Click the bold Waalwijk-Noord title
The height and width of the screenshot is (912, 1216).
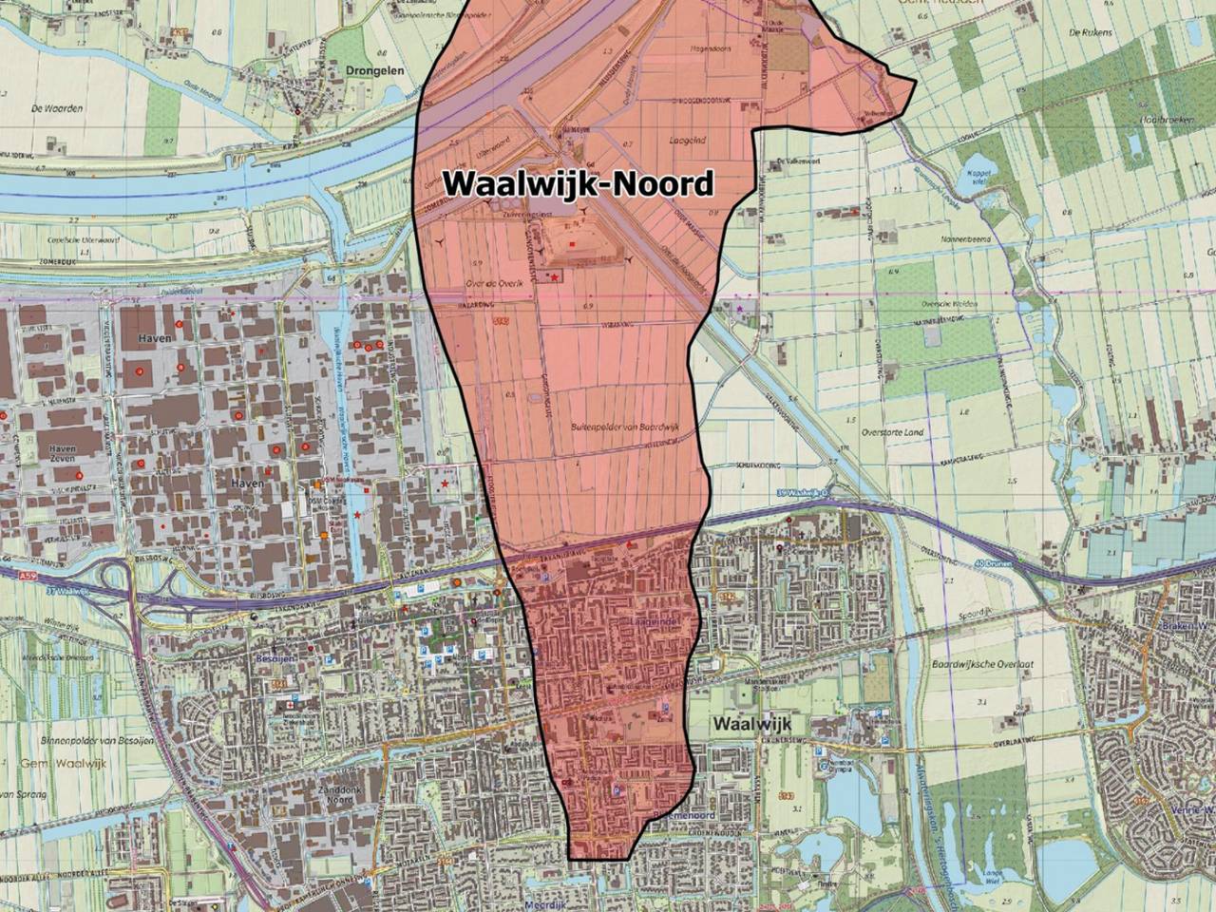coord(579,182)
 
